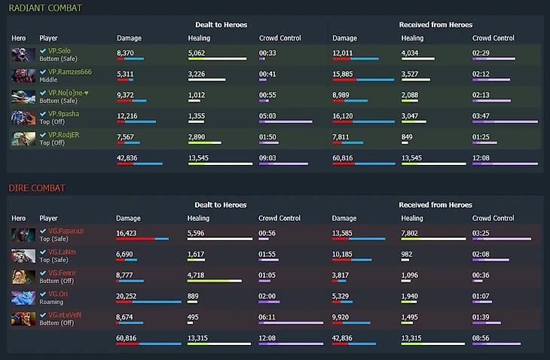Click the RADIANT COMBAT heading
click(x=45, y=8)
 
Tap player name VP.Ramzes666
click(x=70, y=72)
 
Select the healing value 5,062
click(x=196, y=53)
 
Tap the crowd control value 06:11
click(x=268, y=318)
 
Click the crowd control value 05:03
click(x=268, y=117)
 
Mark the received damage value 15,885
click(x=343, y=75)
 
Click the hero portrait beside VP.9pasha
click(x=23, y=117)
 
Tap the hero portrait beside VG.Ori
click(x=23, y=297)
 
